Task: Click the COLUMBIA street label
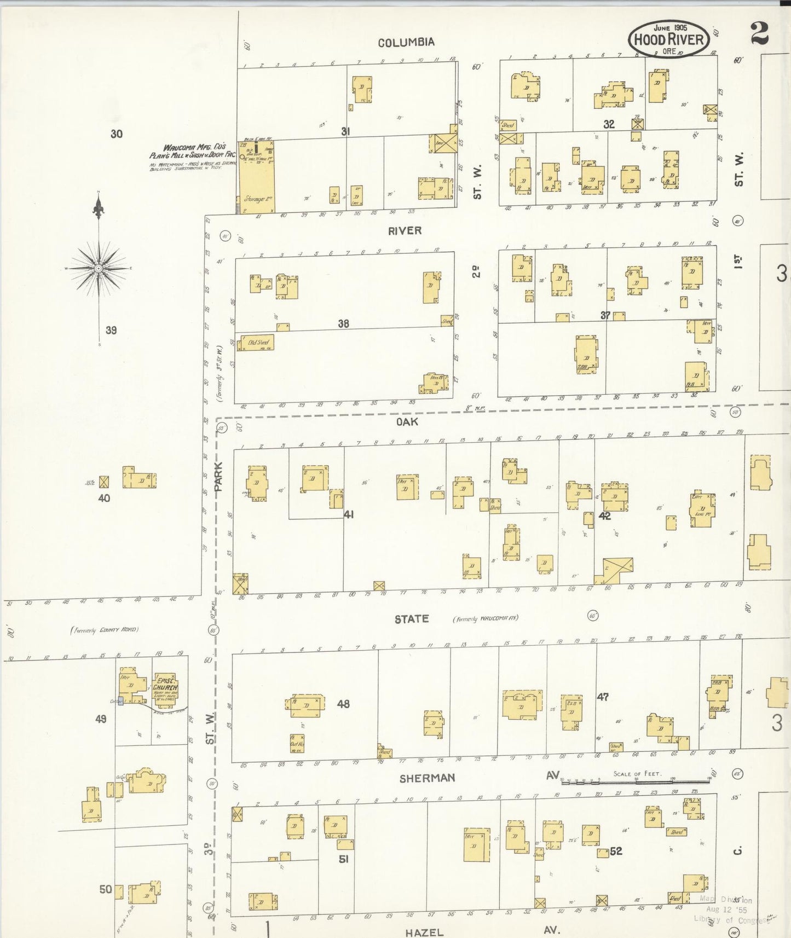click(406, 42)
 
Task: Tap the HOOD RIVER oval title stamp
click(668, 39)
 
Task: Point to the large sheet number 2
click(759, 33)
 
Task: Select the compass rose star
click(99, 268)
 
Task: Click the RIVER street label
click(405, 231)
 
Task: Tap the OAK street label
click(407, 421)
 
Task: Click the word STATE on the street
click(412, 619)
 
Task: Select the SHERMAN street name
click(427, 778)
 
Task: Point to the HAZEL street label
click(424, 932)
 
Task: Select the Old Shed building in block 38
click(257, 343)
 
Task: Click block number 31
click(345, 131)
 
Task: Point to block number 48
click(343, 704)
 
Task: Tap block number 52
click(616, 851)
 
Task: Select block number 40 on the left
click(104, 498)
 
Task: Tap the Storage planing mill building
click(256, 178)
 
